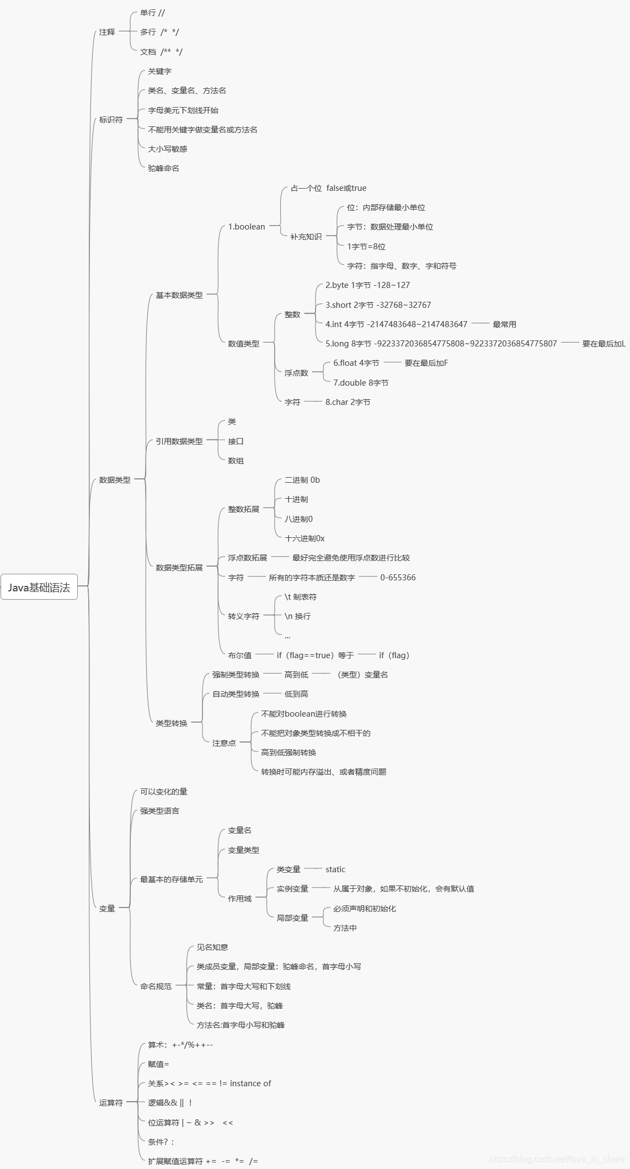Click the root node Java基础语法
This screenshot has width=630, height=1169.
[x=39, y=587]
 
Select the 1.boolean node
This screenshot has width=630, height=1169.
[x=247, y=227]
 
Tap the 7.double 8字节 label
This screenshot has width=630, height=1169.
[x=361, y=383]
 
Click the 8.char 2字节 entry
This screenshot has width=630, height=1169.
[x=348, y=402]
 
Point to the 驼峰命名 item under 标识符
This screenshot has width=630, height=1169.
[x=163, y=168]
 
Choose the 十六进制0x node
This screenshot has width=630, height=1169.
[x=305, y=538]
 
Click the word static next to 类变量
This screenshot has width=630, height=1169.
[x=335, y=869]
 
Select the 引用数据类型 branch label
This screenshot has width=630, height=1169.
[x=179, y=441]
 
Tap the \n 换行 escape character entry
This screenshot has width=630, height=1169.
[x=297, y=616]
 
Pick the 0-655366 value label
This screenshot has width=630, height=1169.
[x=398, y=578]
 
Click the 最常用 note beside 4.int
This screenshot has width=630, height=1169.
[x=504, y=324]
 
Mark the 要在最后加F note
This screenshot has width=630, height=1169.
[x=426, y=363]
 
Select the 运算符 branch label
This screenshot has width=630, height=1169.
[x=111, y=1103]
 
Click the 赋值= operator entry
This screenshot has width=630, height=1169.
[x=158, y=1064]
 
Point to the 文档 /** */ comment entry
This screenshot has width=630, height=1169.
[x=161, y=52]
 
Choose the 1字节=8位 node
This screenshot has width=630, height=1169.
[x=366, y=247]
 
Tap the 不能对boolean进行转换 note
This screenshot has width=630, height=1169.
[x=304, y=714]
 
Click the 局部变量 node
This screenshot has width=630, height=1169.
[x=292, y=918]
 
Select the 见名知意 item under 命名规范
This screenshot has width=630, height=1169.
[x=212, y=947]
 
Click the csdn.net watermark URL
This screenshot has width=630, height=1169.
[x=557, y=1159]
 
